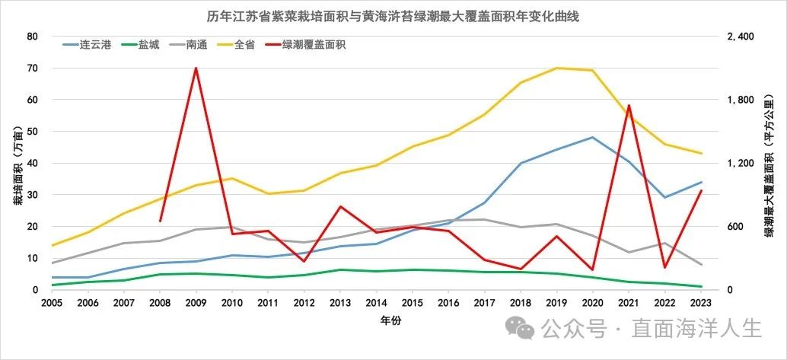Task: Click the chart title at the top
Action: tap(393, 16)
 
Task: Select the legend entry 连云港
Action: tap(96, 45)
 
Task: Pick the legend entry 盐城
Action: tap(148, 45)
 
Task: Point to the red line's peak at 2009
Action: tap(196, 68)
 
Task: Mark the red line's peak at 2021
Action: tap(629, 106)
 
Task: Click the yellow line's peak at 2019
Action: tap(557, 68)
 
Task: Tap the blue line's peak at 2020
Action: tap(592, 138)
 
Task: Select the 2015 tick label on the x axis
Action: tap(412, 302)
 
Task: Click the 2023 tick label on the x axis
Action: tap(700, 302)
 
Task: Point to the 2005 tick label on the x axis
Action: tap(52, 302)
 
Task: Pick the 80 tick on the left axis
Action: tap(32, 37)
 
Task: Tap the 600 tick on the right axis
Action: tap(731, 227)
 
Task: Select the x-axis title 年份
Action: tap(391, 321)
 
